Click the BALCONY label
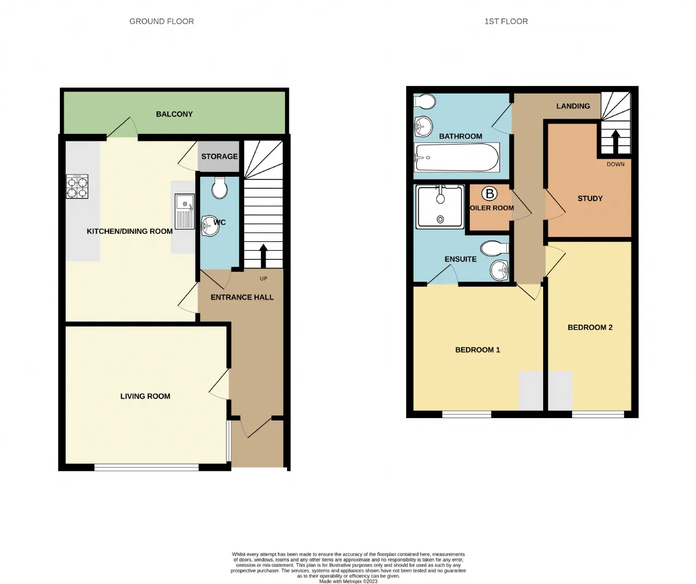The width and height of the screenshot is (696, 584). click(175, 114)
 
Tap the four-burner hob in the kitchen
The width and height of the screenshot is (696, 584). click(77, 187)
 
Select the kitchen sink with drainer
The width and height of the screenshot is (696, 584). click(185, 212)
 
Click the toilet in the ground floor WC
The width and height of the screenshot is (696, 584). click(219, 188)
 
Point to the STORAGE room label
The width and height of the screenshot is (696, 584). click(219, 157)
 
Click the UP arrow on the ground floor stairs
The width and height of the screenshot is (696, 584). click(263, 256)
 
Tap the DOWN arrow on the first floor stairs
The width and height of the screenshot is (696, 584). click(616, 142)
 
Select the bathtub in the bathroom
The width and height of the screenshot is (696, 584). click(457, 157)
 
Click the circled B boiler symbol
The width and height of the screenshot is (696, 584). click(490, 194)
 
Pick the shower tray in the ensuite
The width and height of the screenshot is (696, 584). click(440, 207)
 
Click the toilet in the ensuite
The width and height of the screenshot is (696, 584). click(495, 248)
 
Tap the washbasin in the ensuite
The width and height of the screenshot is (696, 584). click(499, 270)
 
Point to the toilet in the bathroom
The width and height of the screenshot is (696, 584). click(424, 101)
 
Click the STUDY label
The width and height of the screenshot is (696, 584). click(590, 198)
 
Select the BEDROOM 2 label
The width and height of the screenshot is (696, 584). click(590, 327)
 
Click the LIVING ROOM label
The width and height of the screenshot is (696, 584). click(145, 396)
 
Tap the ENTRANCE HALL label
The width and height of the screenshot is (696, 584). click(242, 297)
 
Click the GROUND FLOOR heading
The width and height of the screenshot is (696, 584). click(161, 21)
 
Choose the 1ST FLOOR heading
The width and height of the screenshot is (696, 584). click(506, 21)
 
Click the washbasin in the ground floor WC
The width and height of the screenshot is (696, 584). click(210, 226)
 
